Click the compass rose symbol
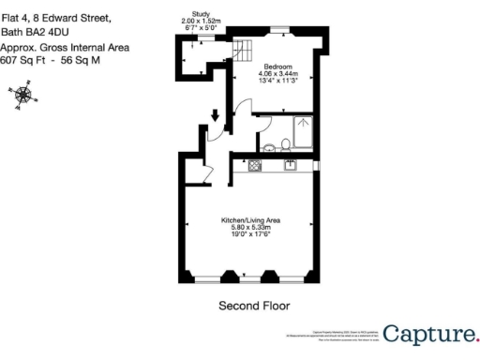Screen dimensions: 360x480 click(22, 97)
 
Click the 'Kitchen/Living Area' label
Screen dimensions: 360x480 click(250, 220)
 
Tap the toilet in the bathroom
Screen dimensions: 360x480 click(269, 145)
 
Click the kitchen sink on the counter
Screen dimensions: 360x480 click(291, 165)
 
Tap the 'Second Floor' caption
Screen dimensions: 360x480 click(253, 306)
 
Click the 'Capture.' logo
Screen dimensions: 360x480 click(429, 334)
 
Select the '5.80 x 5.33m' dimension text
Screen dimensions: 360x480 click(250, 227)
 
